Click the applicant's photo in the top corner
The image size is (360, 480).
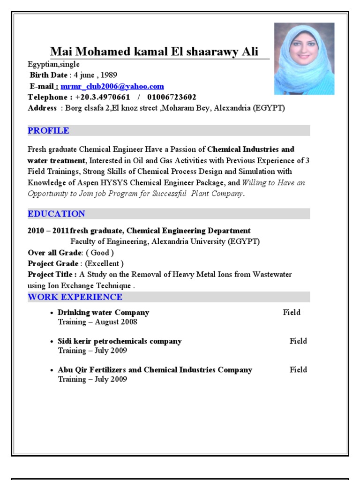[x=304, y=59]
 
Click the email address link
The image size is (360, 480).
[x=112, y=86]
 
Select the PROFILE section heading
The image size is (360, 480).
[x=48, y=131]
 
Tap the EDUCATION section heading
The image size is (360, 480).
[x=56, y=214]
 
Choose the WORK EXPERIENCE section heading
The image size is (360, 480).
[x=75, y=297]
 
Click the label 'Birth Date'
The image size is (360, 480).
[x=49, y=75]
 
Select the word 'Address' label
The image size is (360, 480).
[x=42, y=108]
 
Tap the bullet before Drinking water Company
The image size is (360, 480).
[x=52, y=313]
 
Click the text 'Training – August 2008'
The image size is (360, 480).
[x=97, y=322]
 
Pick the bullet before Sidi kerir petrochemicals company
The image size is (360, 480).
[x=52, y=342]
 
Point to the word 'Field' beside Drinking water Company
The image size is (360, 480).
[x=292, y=313]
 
